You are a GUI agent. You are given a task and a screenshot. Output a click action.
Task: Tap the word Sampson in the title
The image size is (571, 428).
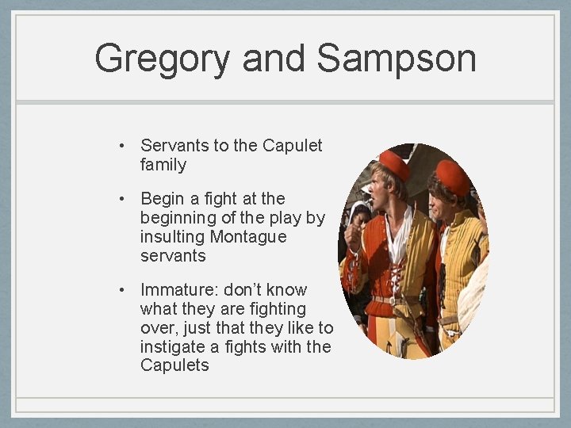pyautogui.click(x=396, y=59)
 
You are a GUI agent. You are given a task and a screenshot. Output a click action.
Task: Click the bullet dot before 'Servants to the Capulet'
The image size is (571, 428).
pyautogui.click(x=121, y=146)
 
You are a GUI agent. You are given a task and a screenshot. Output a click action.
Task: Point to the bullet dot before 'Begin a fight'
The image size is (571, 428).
pyautogui.click(x=121, y=199)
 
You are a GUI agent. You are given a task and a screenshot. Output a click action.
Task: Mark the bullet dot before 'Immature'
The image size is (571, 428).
pyautogui.click(x=121, y=290)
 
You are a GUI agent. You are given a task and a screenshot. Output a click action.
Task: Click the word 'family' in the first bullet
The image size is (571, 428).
pyautogui.click(x=163, y=166)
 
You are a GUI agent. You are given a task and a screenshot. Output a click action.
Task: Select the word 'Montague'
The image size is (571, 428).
pyautogui.click(x=248, y=237)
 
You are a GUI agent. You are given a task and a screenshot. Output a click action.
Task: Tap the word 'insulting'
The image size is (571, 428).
pyautogui.click(x=173, y=237)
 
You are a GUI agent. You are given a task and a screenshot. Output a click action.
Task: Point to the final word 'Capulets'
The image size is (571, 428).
pyautogui.click(x=174, y=365)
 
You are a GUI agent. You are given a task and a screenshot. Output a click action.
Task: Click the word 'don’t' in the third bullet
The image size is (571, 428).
pyautogui.click(x=243, y=290)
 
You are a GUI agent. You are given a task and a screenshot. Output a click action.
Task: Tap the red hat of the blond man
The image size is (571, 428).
pyautogui.click(x=394, y=163)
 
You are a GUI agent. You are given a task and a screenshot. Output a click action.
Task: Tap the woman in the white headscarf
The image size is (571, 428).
pyautogui.click(x=361, y=216)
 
